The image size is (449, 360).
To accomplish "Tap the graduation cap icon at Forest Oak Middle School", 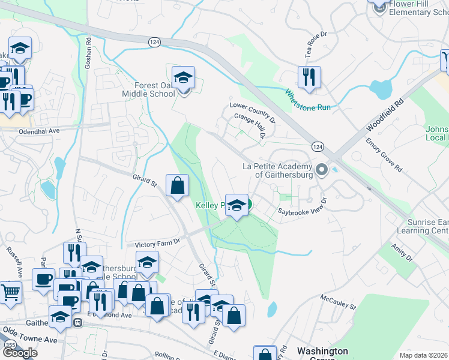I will click(184, 77).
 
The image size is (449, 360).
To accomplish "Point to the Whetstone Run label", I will click(307, 100).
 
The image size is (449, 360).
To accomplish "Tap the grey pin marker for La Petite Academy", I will click(321, 170).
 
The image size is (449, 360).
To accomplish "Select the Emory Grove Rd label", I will click(385, 155).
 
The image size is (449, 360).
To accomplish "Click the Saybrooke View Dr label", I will click(302, 206).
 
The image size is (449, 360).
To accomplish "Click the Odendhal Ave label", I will click(40, 131).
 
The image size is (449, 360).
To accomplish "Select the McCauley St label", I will click(338, 301).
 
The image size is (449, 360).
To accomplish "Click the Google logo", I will click(20, 353).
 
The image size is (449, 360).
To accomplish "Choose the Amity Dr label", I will click(402, 249).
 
